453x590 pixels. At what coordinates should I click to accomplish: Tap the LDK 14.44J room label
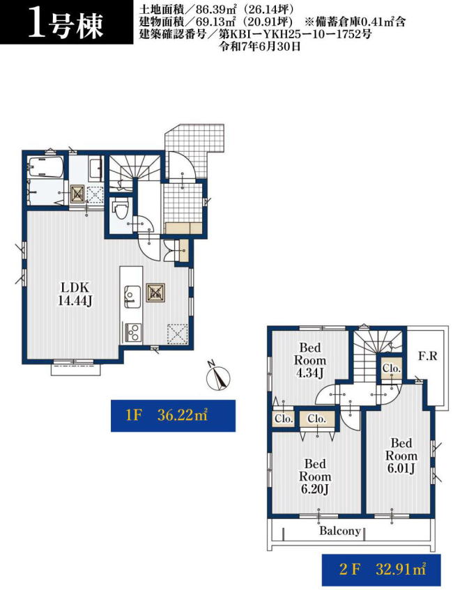pos(75,294)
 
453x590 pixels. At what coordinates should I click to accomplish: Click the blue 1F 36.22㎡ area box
pos(174,415)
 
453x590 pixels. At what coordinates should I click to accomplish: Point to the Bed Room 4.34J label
pos(309,360)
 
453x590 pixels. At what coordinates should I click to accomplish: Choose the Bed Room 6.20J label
pos(315,476)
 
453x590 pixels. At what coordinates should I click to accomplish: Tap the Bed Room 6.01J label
pos(401,456)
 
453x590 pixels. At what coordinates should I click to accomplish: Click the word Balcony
pos(339,531)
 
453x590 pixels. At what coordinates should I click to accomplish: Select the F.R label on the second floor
pos(427,355)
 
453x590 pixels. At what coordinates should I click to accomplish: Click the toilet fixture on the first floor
pos(121,209)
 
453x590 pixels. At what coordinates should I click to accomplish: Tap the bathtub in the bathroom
pos(45,167)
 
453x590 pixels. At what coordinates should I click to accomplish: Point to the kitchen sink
pos(132,297)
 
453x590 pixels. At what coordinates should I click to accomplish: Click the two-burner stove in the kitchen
pos(132,332)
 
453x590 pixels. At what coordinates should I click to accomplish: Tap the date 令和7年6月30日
pos(260,47)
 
